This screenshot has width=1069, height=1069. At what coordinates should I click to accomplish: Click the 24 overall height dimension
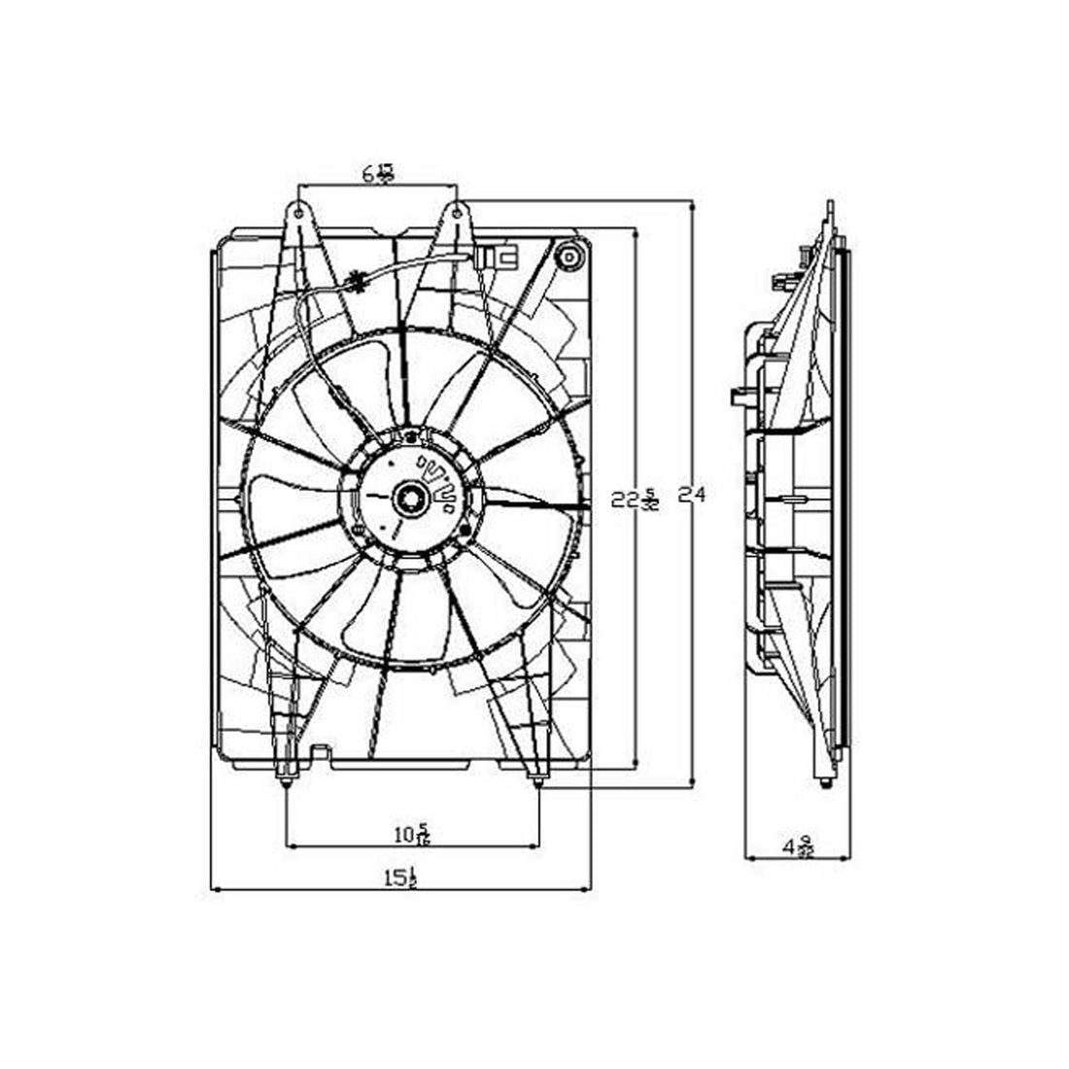691,495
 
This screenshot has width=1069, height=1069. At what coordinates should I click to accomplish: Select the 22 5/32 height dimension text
635,500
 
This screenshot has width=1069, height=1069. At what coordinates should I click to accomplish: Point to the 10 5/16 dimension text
412,834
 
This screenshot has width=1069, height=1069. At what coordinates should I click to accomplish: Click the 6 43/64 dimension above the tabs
377,174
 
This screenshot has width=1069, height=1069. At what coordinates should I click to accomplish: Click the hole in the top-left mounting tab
299,210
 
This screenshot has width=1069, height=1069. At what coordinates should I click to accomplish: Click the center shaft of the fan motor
409,499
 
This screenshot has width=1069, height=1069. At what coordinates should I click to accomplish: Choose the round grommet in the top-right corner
568,259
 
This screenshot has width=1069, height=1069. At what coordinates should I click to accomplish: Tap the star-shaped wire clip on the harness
356,283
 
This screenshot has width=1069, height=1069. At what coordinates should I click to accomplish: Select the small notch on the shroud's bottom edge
318,751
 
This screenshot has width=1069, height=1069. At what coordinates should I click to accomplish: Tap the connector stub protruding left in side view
738,396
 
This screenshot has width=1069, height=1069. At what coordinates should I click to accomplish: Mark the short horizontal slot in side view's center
790,500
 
